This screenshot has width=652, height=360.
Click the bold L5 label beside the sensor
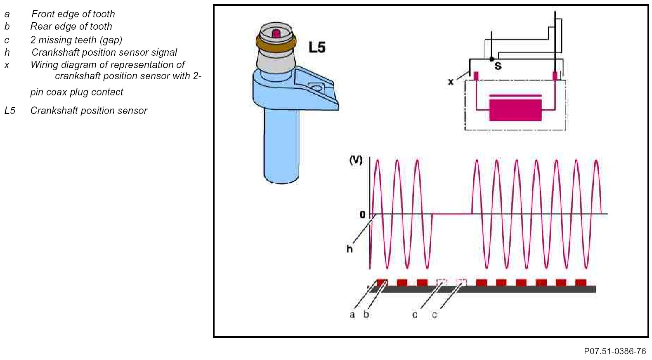pos(317,47)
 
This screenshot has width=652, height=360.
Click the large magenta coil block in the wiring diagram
pos(515,109)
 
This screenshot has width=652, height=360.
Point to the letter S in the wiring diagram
pos(498,66)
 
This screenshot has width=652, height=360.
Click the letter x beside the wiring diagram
pos(451,81)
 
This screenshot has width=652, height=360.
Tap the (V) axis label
pos(356,160)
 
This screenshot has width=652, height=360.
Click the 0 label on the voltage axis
pos(362,215)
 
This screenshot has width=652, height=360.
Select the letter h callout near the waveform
pos(350,249)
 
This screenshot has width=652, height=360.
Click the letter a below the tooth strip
pos(352,315)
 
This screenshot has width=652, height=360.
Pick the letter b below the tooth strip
pos(366,315)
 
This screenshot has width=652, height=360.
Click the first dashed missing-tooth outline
pos(442,282)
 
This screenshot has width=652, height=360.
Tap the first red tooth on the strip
pos(382,282)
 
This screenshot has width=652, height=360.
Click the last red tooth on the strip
pos(581,282)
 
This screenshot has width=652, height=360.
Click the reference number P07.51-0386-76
pos(614,351)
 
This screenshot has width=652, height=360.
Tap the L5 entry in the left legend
pos(10,111)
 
